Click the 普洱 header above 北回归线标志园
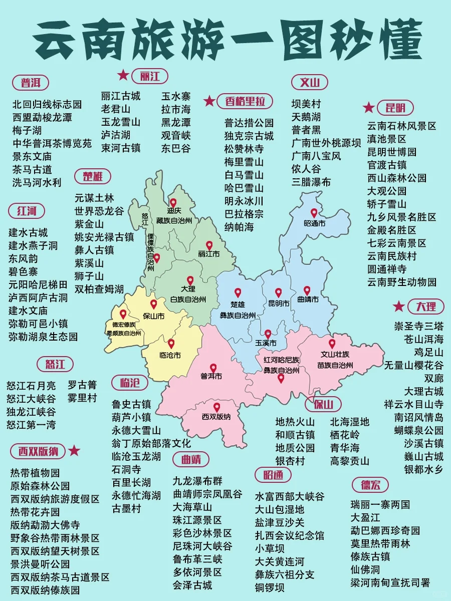[x=31, y=82]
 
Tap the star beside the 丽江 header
[x=123, y=76]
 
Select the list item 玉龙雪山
[x=121, y=122]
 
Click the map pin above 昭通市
[x=314, y=213]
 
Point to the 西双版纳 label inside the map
[x=216, y=417]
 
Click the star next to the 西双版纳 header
[x=74, y=451]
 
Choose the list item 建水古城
[x=28, y=232]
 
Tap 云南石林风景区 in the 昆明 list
[x=402, y=126]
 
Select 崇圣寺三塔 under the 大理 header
[x=418, y=326]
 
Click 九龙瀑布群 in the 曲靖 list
[x=197, y=481]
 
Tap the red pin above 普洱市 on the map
[x=213, y=368]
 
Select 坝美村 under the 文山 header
[x=306, y=104]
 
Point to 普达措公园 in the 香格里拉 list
[x=249, y=123]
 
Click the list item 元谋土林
[x=94, y=198]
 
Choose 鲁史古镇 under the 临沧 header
[x=131, y=404]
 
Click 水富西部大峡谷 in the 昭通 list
[x=290, y=496]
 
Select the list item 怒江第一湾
[x=31, y=425]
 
